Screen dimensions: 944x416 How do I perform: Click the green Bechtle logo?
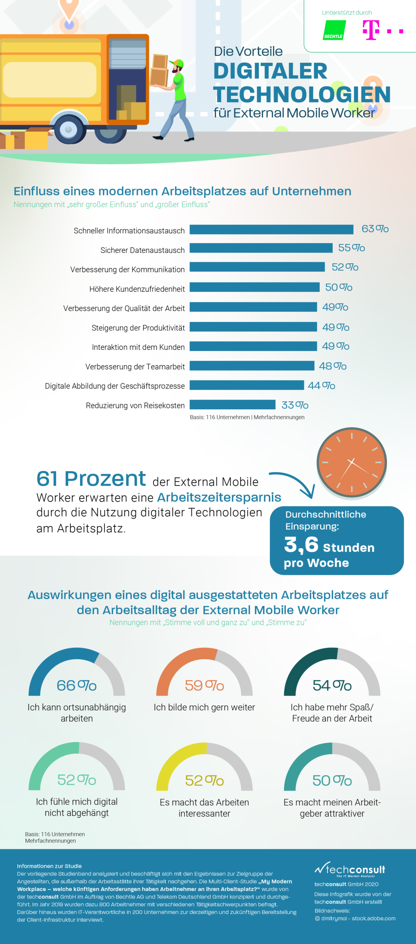coord(334,30)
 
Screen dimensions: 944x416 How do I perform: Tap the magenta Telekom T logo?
coord(371,30)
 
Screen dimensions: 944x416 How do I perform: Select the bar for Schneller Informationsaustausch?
coord(271,229)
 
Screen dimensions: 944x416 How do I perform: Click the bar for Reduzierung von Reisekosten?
coord(233,405)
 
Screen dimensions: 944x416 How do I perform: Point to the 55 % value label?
coord(351,248)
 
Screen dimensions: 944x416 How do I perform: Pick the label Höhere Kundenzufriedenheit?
coord(137,289)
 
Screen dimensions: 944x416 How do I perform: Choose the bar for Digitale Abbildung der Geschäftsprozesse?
coord(247,385)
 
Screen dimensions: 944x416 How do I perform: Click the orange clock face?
coord(351,462)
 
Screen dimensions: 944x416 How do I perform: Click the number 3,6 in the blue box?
coord(301,545)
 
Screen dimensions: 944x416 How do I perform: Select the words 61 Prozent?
coord(91,479)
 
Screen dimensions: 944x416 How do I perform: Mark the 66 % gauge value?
coord(76,686)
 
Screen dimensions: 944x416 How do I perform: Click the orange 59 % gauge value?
coord(204,686)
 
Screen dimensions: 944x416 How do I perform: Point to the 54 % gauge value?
coord(332,686)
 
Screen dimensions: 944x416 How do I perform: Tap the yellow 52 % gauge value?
coord(204,780)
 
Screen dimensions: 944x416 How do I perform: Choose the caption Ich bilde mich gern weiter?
coord(204,707)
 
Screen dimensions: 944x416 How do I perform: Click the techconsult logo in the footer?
coord(350,870)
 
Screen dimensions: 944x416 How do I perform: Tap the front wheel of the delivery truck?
coord(69,129)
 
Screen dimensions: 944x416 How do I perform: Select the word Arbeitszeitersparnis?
coord(219,497)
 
